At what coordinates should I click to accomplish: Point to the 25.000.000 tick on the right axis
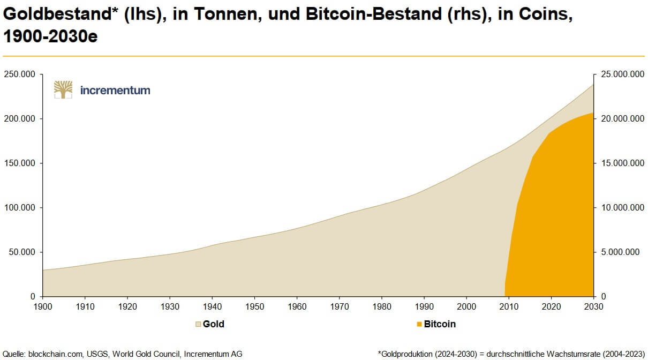[621, 74]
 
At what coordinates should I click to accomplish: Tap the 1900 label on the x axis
[42, 306]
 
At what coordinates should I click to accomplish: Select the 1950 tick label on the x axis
[254, 306]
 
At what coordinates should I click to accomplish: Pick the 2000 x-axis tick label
[466, 306]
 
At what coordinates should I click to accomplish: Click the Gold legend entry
[213, 324]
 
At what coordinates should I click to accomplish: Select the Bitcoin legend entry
[440, 324]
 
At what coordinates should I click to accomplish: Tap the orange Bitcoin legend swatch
[419, 324]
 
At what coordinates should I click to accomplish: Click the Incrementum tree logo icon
[63, 89]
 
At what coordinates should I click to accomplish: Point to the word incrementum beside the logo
[115, 90]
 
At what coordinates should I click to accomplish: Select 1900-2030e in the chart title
[50, 37]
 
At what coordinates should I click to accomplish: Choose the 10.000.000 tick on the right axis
[621, 207]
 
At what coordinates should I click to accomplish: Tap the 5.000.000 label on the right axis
[623, 252]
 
